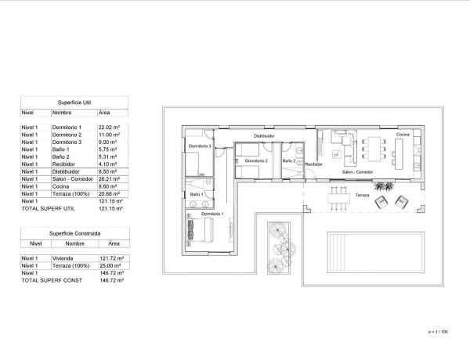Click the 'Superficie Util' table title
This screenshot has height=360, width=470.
[x=75, y=103]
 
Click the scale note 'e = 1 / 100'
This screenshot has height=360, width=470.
[x=439, y=332]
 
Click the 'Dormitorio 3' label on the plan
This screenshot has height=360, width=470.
[x=201, y=146]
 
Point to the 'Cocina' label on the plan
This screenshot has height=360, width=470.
[x=402, y=135]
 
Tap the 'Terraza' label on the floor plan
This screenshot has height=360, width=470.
[x=362, y=195]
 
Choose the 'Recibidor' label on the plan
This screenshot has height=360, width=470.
[x=313, y=164]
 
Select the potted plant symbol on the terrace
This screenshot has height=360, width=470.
[x=385, y=187]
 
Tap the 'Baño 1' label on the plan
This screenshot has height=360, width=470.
[x=196, y=193]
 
